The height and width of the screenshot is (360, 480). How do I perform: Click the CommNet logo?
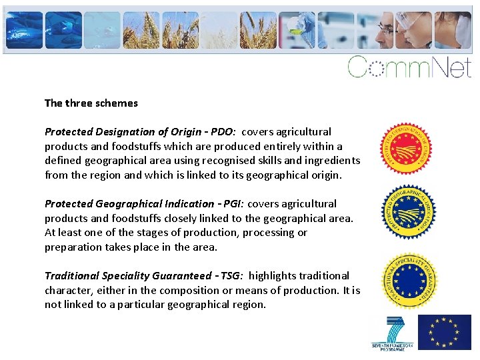coord(409,67)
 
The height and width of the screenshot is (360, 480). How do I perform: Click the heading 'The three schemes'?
coord(91,103)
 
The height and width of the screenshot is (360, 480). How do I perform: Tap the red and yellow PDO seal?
coord(406,149)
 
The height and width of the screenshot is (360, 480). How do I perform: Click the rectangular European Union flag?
coord(444,332)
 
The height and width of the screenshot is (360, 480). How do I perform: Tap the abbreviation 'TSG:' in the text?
coord(231,276)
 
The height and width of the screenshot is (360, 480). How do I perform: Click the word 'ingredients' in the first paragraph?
coord(332,161)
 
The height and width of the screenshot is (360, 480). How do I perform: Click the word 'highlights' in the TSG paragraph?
coord(272,276)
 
